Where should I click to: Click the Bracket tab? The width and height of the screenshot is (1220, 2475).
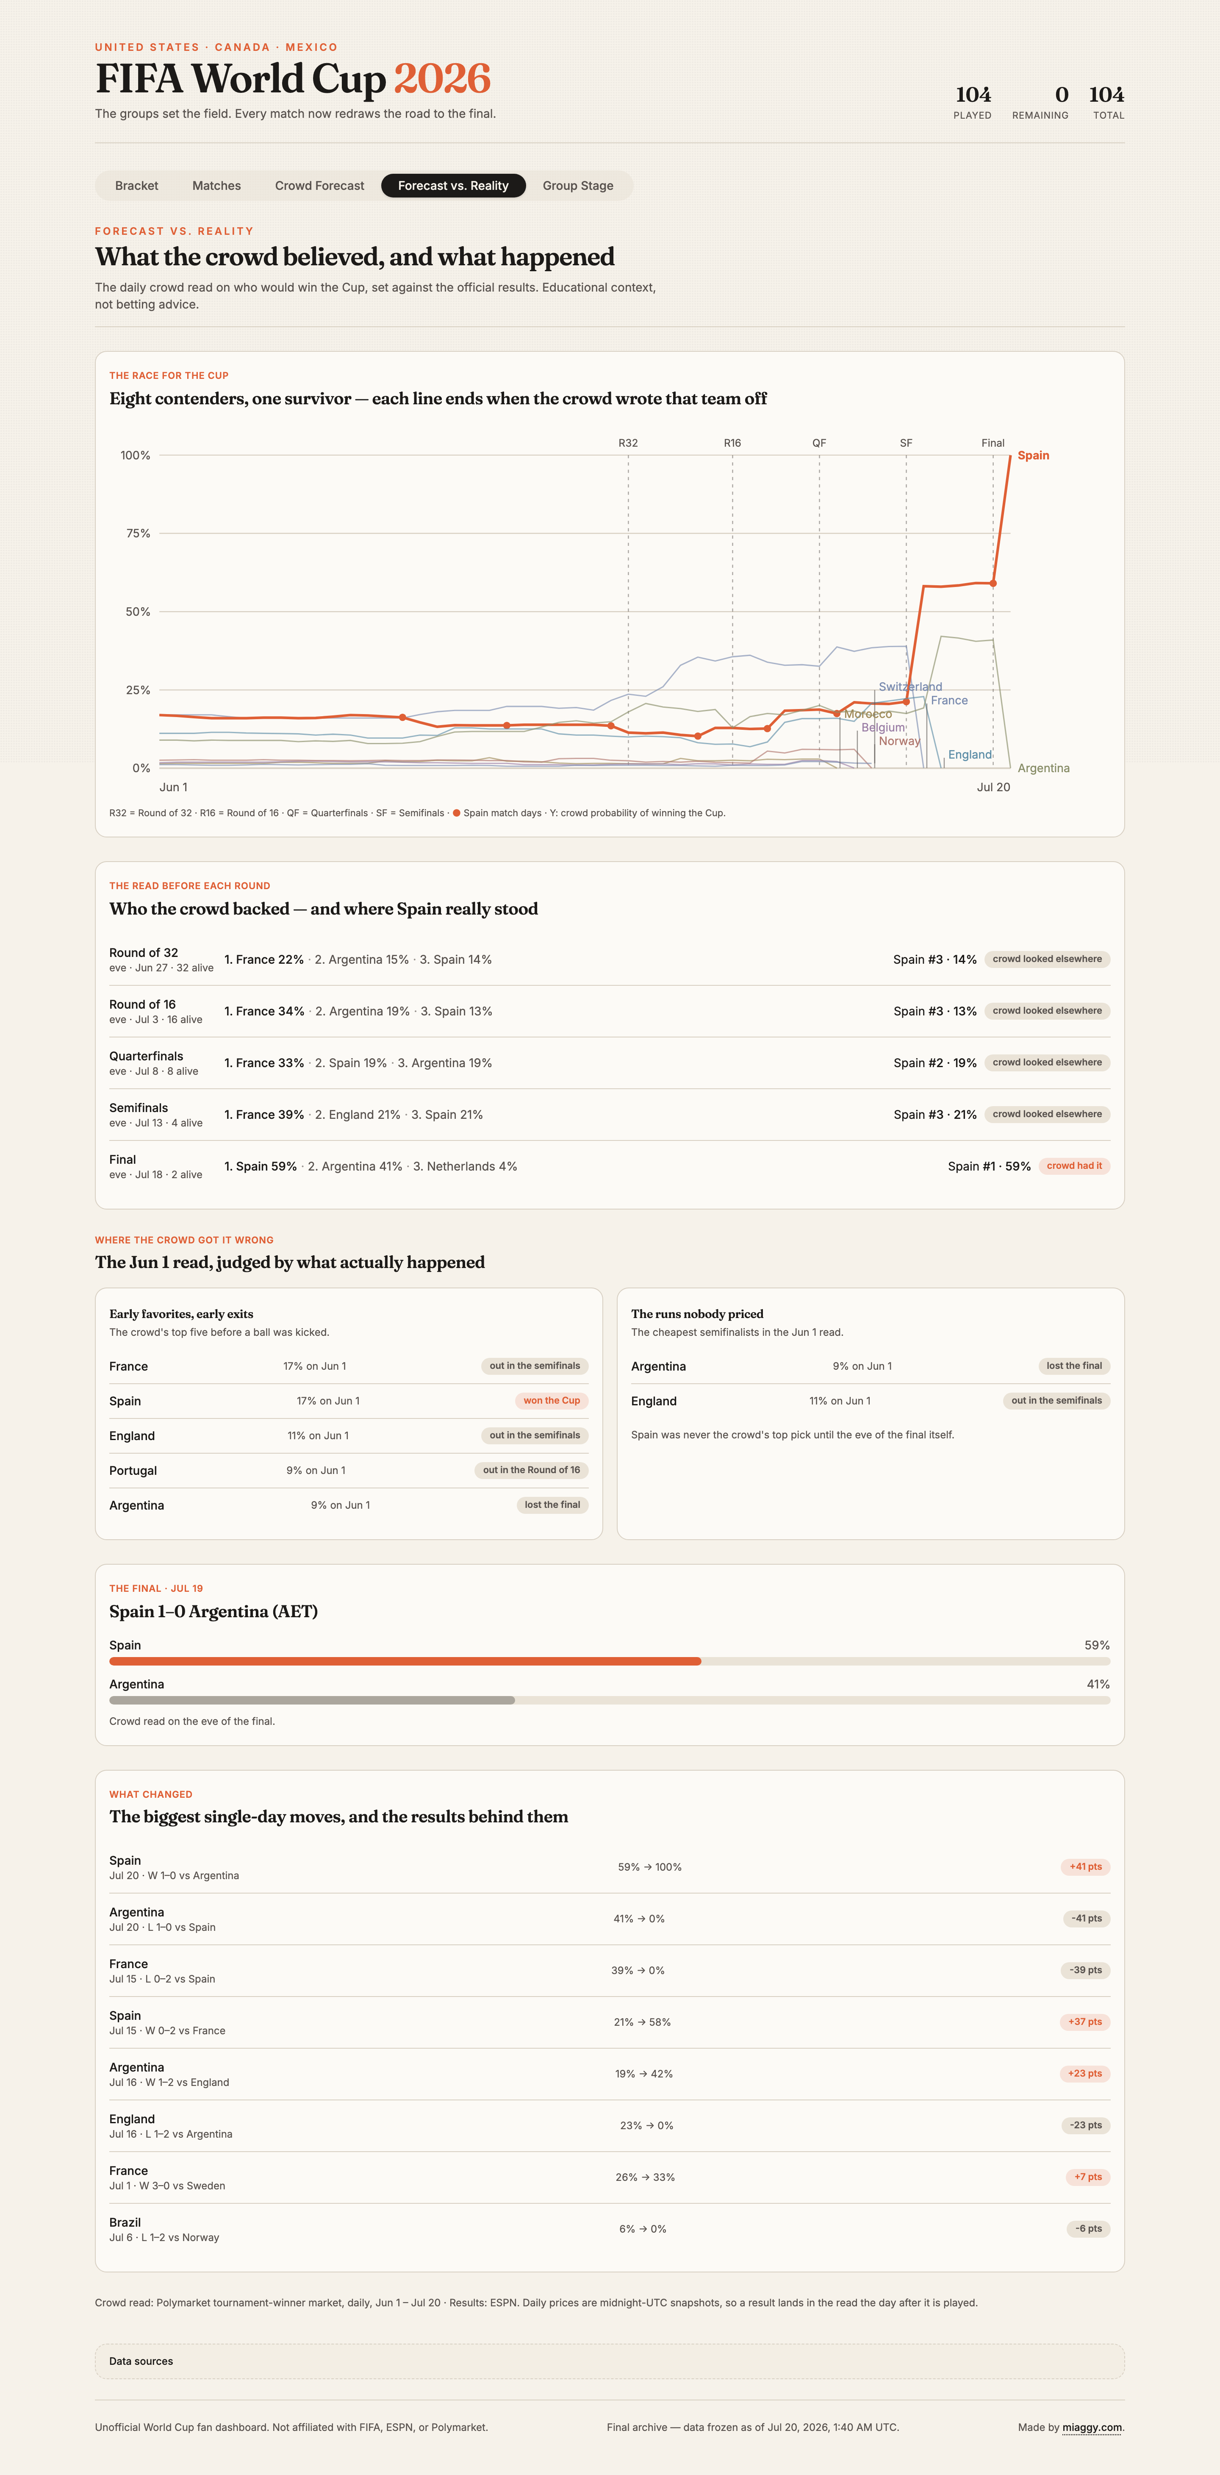point(136,186)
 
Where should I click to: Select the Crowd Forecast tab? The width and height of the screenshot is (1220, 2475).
point(320,186)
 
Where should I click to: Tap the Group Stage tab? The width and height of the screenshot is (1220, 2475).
point(577,186)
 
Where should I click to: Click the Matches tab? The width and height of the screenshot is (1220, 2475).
point(216,186)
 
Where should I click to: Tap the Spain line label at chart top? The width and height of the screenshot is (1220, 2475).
point(1034,456)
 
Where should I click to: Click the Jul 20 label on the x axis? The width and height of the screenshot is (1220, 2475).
point(993,787)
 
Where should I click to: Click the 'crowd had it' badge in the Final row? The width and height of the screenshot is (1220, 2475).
point(1074,1165)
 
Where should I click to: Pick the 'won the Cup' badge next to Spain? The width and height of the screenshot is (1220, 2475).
point(552,1401)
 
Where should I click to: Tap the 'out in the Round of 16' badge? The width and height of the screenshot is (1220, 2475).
point(531,1470)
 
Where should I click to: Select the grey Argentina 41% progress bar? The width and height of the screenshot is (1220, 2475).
point(312,1701)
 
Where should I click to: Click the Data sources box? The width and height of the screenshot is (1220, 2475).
point(609,2361)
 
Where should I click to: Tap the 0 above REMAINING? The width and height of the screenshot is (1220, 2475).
point(1062,94)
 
